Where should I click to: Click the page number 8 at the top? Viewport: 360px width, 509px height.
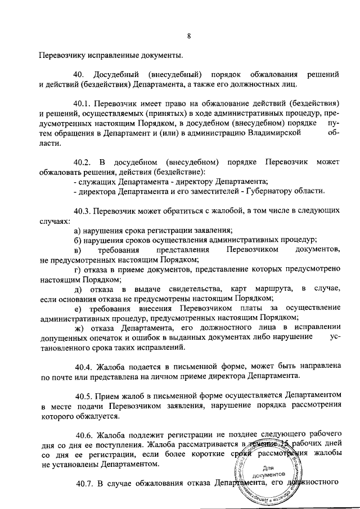pyautogui.click(x=189, y=37)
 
